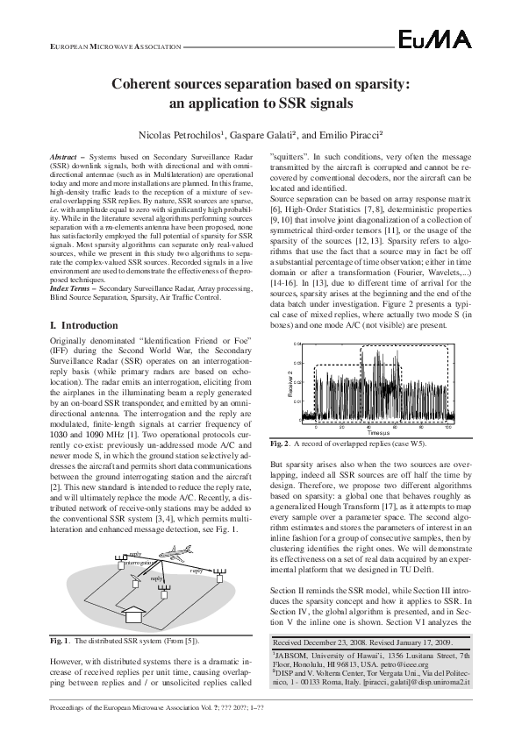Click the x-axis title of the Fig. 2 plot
[x=379, y=433]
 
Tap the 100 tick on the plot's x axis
[x=448, y=427]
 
